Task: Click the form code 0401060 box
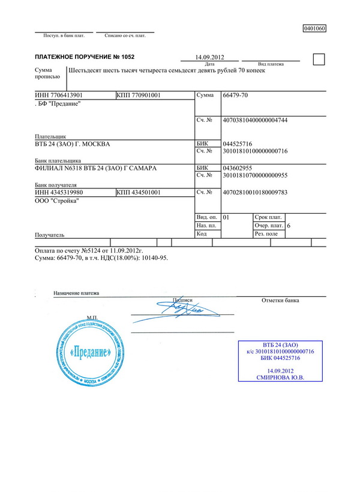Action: click(x=314, y=28)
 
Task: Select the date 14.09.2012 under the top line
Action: click(x=209, y=57)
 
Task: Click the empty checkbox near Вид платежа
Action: click(x=319, y=58)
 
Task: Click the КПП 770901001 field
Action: click(x=139, y=95)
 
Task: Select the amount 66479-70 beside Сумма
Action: click(x=235, y=95)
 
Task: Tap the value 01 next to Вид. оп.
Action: click(x=226, y=216)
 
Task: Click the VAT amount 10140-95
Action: click(x=155, y=257)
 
